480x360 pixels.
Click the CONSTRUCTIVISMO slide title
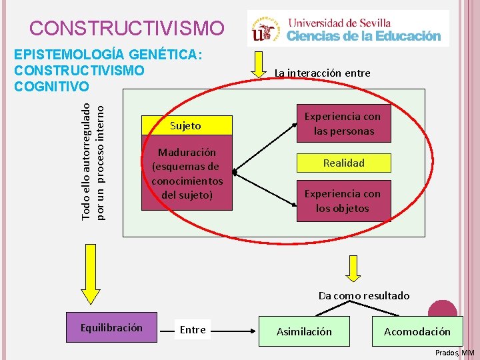(127, 28)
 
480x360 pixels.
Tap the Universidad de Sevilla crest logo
(265, 28)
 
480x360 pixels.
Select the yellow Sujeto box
(186, 125)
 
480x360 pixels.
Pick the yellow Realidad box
(343, 163)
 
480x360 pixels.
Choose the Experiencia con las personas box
(343, 123)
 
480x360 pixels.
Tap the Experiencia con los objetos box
(343, 201)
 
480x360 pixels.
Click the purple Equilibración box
(111, 327)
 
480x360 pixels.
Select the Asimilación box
(304, 331)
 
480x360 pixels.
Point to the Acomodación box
(417, 331)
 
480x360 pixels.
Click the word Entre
(193, 329)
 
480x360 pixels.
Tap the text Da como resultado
(364, 295)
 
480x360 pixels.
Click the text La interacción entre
(323, 73)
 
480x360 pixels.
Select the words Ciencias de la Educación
(364, 36)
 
